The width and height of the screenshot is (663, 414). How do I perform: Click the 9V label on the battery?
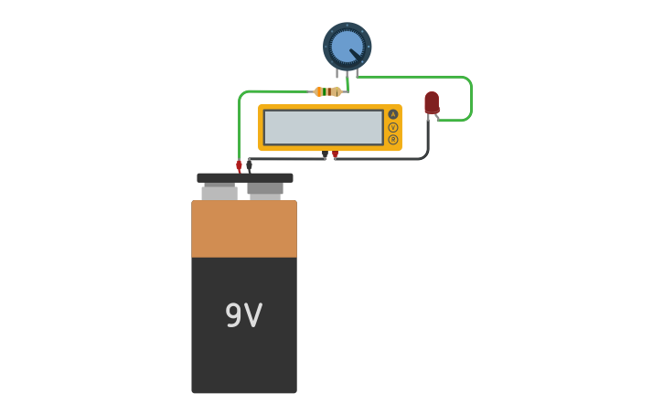click(243, 316)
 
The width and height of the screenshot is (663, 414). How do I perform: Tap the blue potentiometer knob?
click(347, 47)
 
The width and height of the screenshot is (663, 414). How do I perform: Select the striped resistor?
click(327, 91)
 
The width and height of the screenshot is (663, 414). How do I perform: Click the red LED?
click(432, 102)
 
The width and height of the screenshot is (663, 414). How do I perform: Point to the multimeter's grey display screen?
click(323, 127)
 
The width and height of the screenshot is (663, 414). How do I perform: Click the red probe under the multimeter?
click(336, 155)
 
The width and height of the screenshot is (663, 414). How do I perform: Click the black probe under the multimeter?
click(325, 155)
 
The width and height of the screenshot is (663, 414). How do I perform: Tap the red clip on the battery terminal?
click(239, 166)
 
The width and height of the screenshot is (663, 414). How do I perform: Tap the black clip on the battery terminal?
click(249, 166)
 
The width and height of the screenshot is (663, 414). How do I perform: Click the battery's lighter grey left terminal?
click(219, 193)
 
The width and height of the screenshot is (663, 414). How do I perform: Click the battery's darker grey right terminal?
click(265, 190)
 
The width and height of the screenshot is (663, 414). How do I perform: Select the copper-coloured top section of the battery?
click(243, 228)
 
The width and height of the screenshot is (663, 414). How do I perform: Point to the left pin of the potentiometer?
click(337, 74)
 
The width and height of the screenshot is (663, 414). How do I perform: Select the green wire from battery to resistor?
click(240, 123)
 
